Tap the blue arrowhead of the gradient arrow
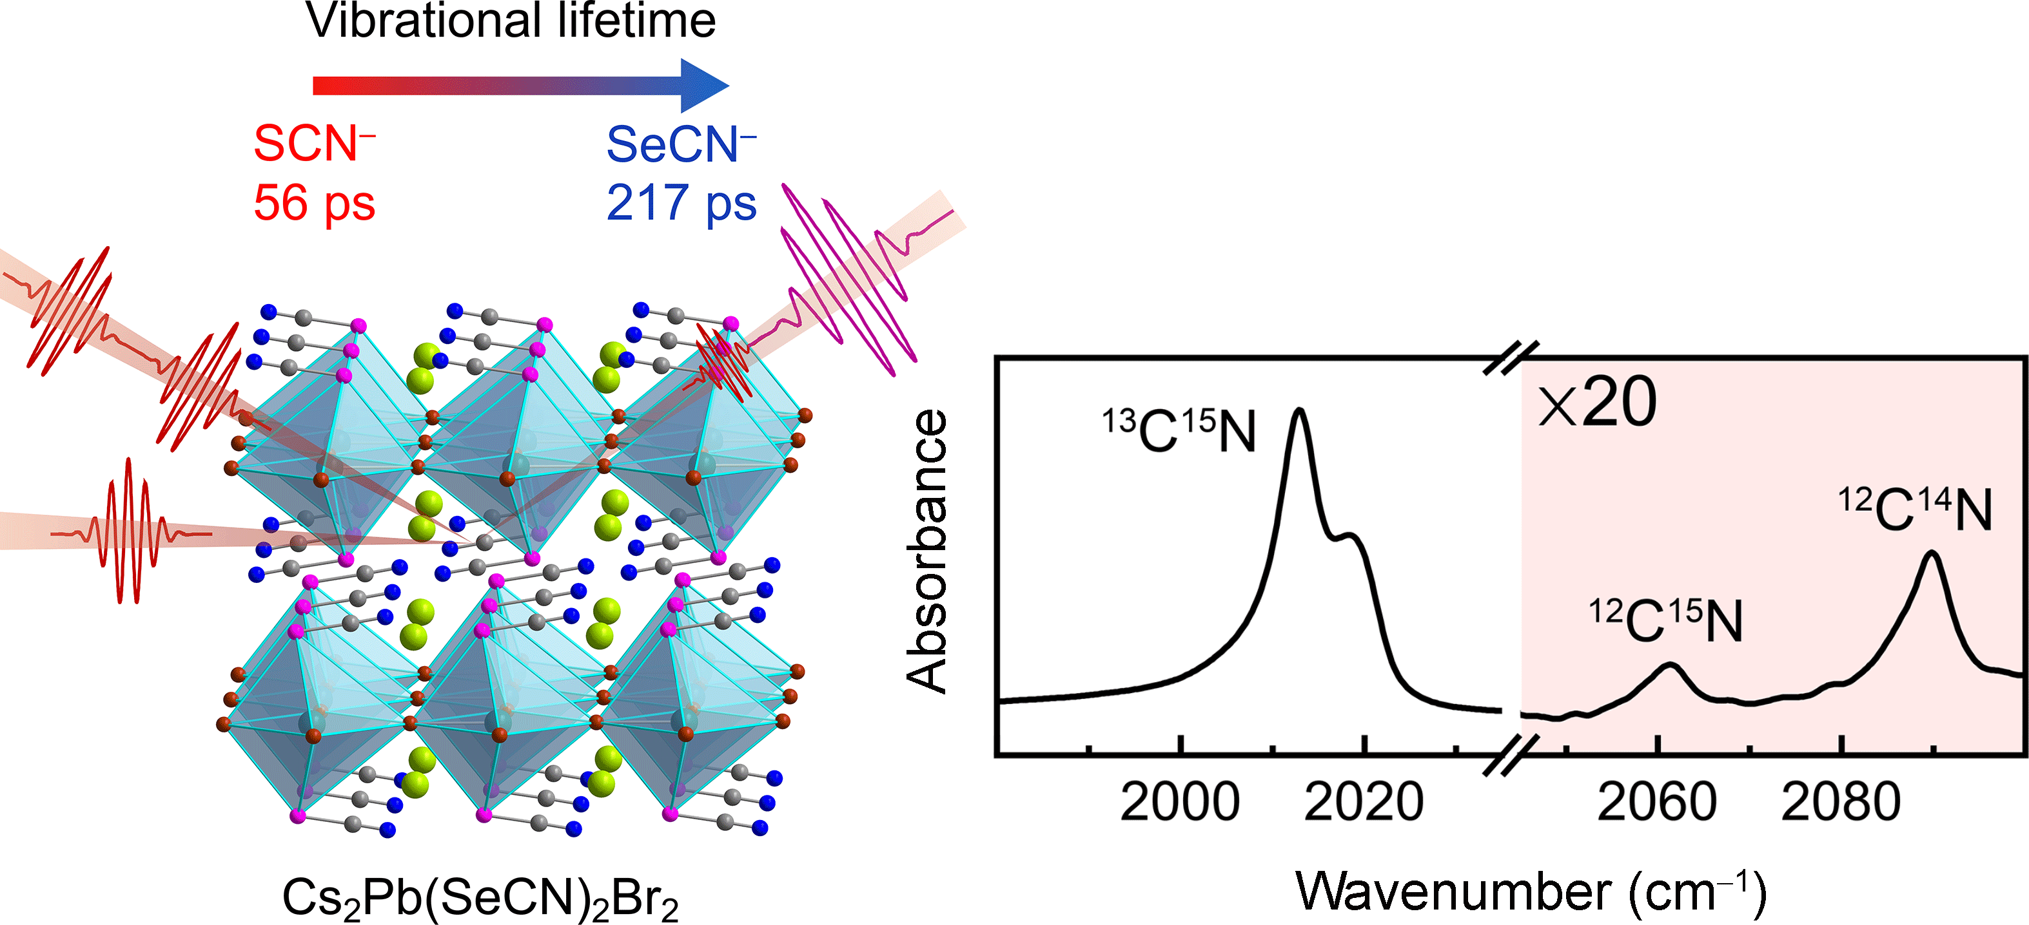click(x=703, y=85)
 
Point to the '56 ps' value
click(x=314, y=203)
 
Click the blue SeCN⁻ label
click(x=681, y=145)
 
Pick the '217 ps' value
click(x=681, y=203)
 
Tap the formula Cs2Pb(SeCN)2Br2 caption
click(x=480, y=898)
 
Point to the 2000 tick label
click(x=1179, y=803)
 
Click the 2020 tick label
click(x=1364, y=803)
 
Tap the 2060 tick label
click(x=1656, y=803)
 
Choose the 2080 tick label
click(x=1841, y=803)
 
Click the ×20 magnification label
click(x=1598, y=403)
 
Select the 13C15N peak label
click(x=1179, y=432)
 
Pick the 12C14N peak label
click(x=1915, y=510)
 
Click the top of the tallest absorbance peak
click(x=1299, y=411)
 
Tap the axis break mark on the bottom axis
click(x=1511, y=755)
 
